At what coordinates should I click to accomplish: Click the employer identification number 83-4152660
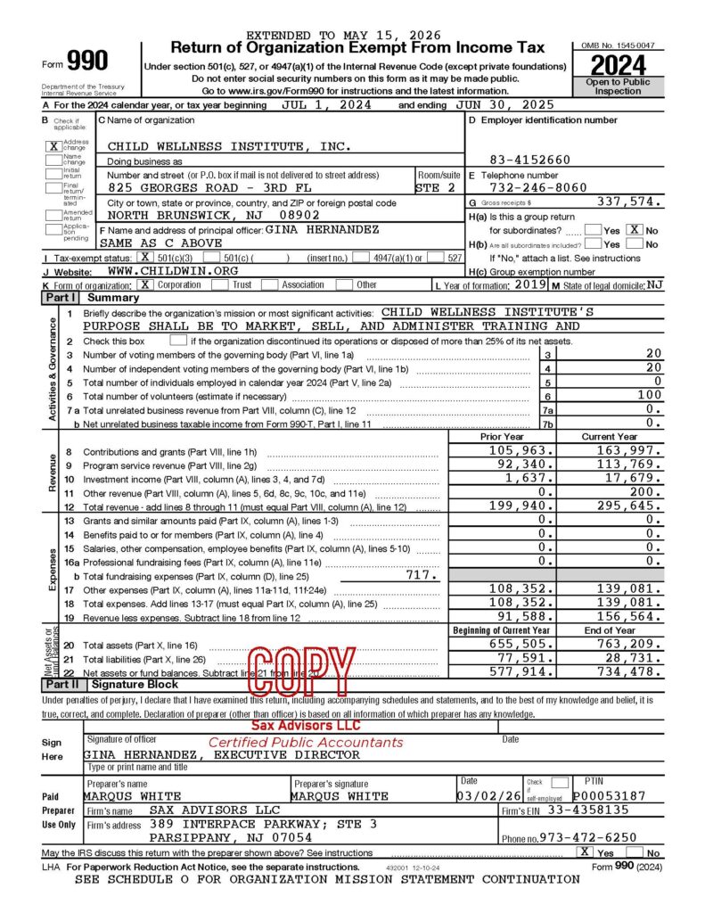pyautogui.click(x=530, y=160)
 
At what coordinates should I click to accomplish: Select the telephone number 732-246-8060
pyautogui.click(x=540, y=188)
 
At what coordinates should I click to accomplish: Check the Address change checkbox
pyautogui.click(x=53, y=146)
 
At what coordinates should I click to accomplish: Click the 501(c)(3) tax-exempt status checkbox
pyautogui.click(x=144, y=257)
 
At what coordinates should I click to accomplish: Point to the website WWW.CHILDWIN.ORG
pyautogui.click(x=172, y=270)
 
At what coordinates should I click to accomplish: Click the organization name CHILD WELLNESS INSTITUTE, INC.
pyautogui.click(x=230, y=146)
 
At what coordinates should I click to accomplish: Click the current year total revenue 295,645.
pyautogui.click(x=624, y=506)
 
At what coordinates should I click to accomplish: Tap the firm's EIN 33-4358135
pyautogui.click(x=589, y=810)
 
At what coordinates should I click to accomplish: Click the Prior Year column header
pyautogui.click(x=502, y=437)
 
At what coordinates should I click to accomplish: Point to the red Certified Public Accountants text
pyautogui.click(x=306, y=742)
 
